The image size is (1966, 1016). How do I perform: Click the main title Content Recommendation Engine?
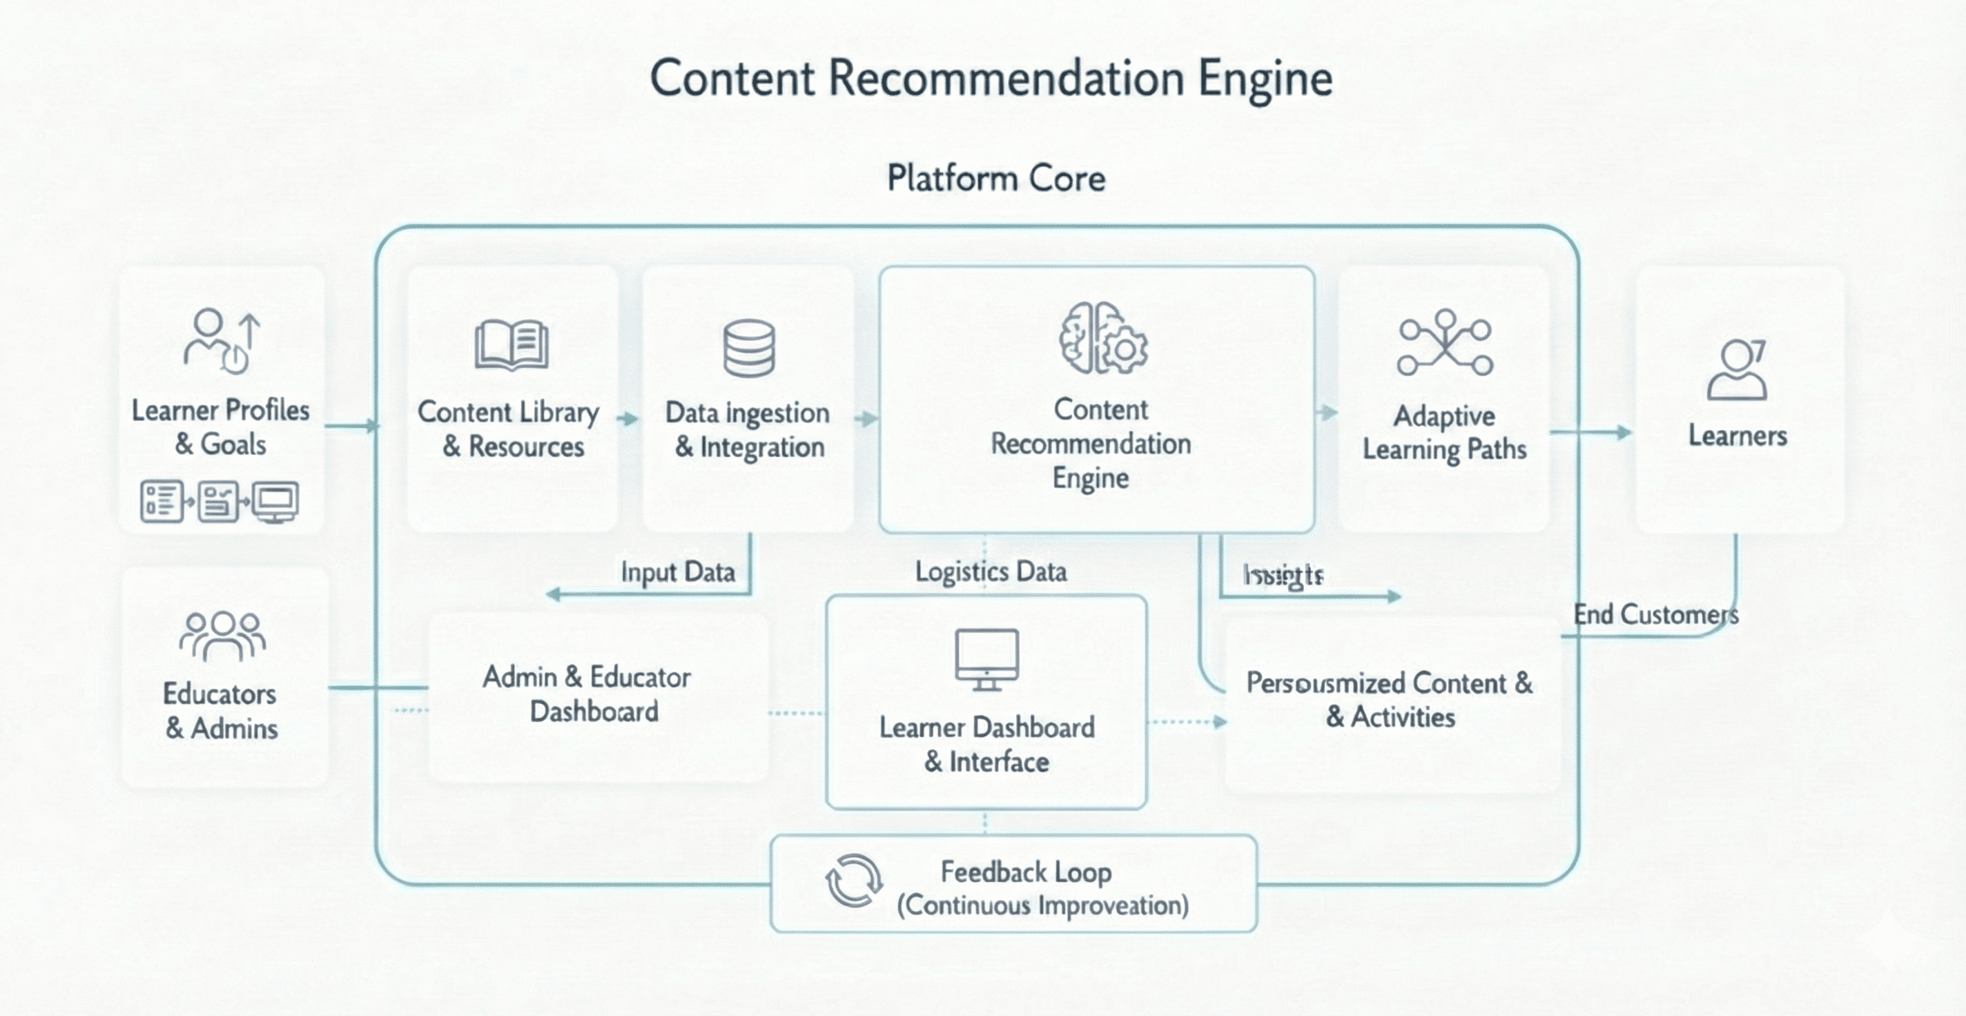click(x=991, y=78)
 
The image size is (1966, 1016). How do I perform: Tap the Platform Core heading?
click(x=996, y=179)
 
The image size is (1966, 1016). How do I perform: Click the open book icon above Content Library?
click(x=512, y=345)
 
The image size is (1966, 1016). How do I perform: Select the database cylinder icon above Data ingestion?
click(x=749, y=348)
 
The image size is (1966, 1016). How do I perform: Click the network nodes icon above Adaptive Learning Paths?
click(x=1445, y=343)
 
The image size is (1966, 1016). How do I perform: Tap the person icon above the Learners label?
click(x=1737, y=369)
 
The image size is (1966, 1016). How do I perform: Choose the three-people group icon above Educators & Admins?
click(x=222, y=635)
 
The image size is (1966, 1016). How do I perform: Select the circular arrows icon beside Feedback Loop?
click(x=854, y=880)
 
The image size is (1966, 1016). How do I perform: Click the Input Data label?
click(x=678, y=571)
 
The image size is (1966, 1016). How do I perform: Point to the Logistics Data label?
click(x=991, y=571)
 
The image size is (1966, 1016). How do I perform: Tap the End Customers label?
click(x=1655, y=614)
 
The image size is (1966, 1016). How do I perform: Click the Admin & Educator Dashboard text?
click(x=587, y=694)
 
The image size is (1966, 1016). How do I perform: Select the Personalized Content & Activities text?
click(x=1390, y=699)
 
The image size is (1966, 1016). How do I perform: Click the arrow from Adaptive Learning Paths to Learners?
click(x=1590, y=433)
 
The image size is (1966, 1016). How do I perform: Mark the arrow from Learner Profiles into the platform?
click(x=352, y=425)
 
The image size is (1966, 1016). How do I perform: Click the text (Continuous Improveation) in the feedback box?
click(x=1042, y=906)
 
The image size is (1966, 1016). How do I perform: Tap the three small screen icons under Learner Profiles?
click(x=220, y=502)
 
